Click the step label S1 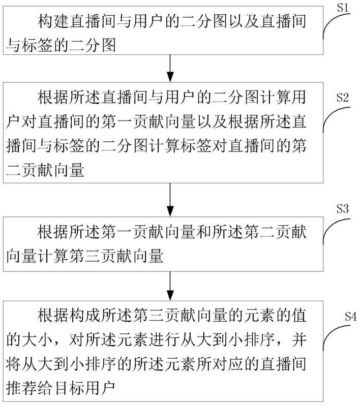(x=343, y=8)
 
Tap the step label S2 (x=342, y=98)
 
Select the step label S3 (x=342, y=208)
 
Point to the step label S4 (x=351, y=317)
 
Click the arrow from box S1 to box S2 (x=170, y=69)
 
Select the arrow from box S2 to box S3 (x=170, y=200)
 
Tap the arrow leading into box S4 (x=170, y=286)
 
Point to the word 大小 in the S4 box (x=38, y=340)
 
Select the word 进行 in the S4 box (x=164, y=340)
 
